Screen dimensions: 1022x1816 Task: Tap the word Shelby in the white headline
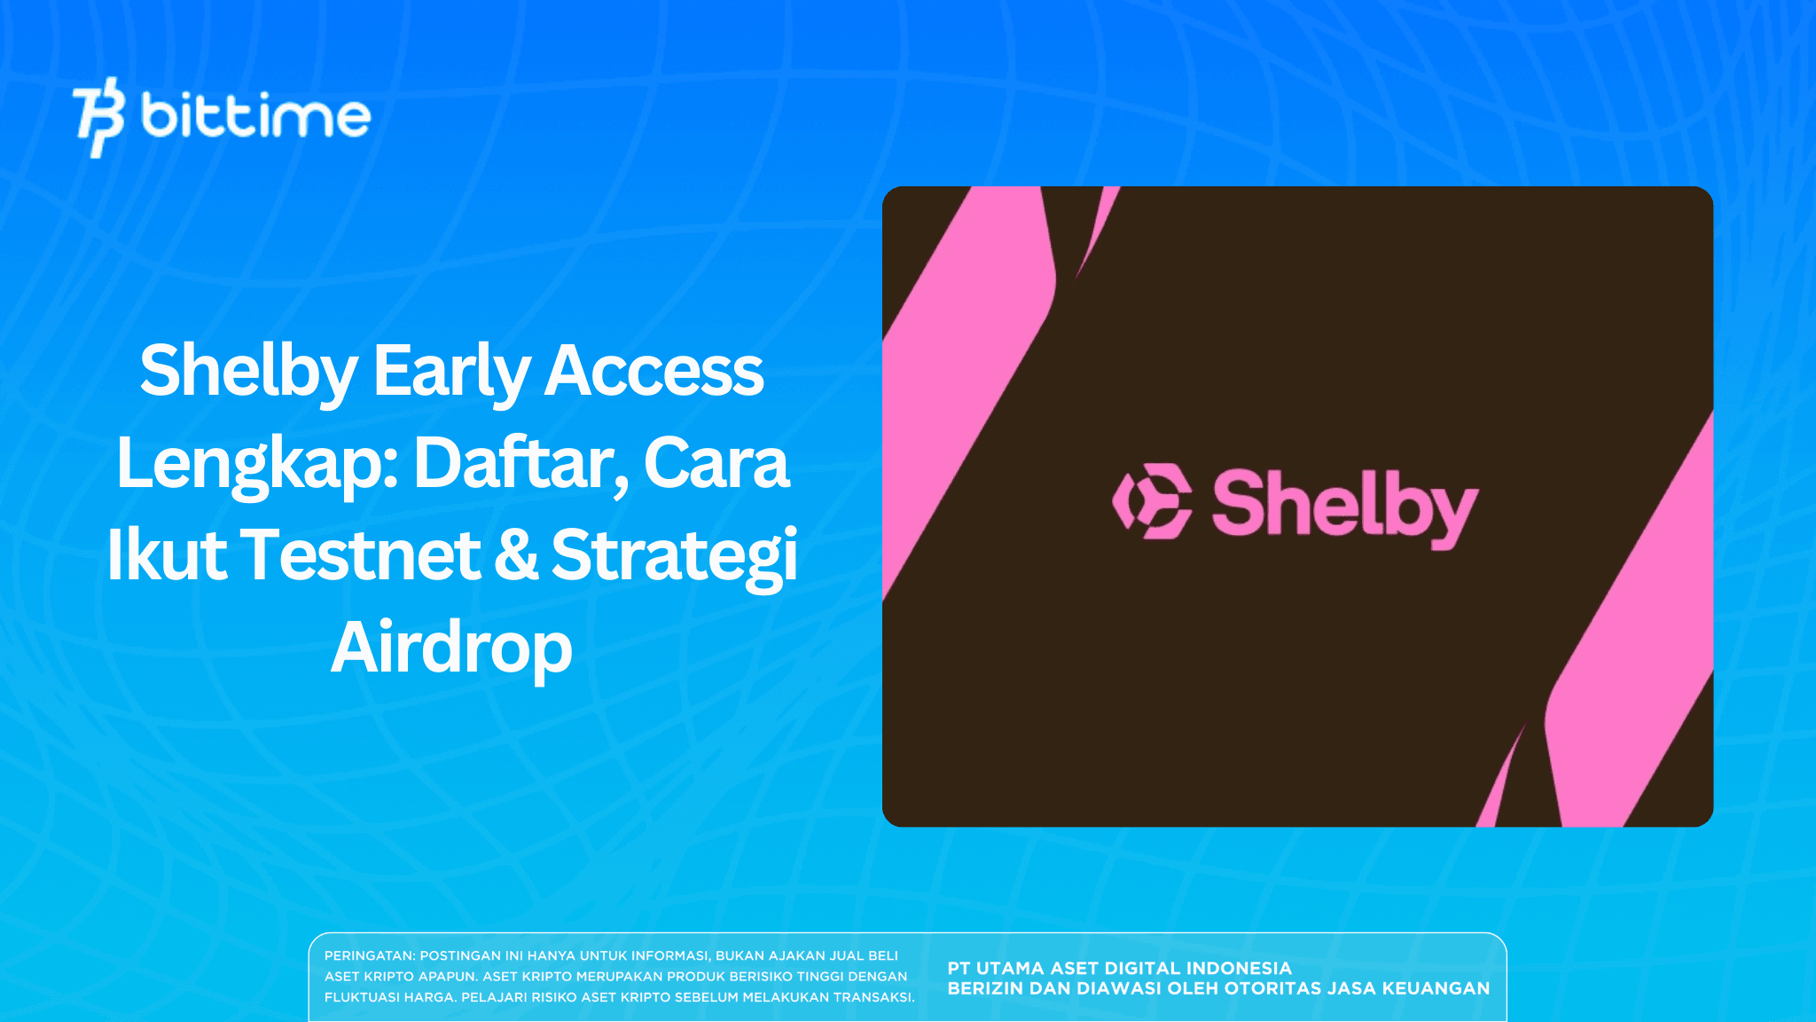248,371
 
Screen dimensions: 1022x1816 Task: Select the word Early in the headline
450,371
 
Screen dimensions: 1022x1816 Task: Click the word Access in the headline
654,371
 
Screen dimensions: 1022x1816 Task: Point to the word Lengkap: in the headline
257,463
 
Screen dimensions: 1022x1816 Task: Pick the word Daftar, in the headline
521,463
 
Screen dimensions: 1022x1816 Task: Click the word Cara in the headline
716,463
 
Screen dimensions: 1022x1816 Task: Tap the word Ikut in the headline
167,555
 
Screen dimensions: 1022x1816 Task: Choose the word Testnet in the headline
360,555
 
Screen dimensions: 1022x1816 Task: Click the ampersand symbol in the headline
515,555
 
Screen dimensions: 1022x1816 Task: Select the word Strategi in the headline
674,555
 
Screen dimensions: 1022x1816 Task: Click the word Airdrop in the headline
451,648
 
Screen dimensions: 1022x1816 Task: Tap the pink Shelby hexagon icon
1152,501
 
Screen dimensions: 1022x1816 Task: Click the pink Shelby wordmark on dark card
1344,506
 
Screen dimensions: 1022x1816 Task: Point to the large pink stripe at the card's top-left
967,355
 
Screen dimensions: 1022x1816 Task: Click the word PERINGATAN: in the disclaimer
370,955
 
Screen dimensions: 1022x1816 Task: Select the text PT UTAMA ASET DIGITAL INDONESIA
1119,968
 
